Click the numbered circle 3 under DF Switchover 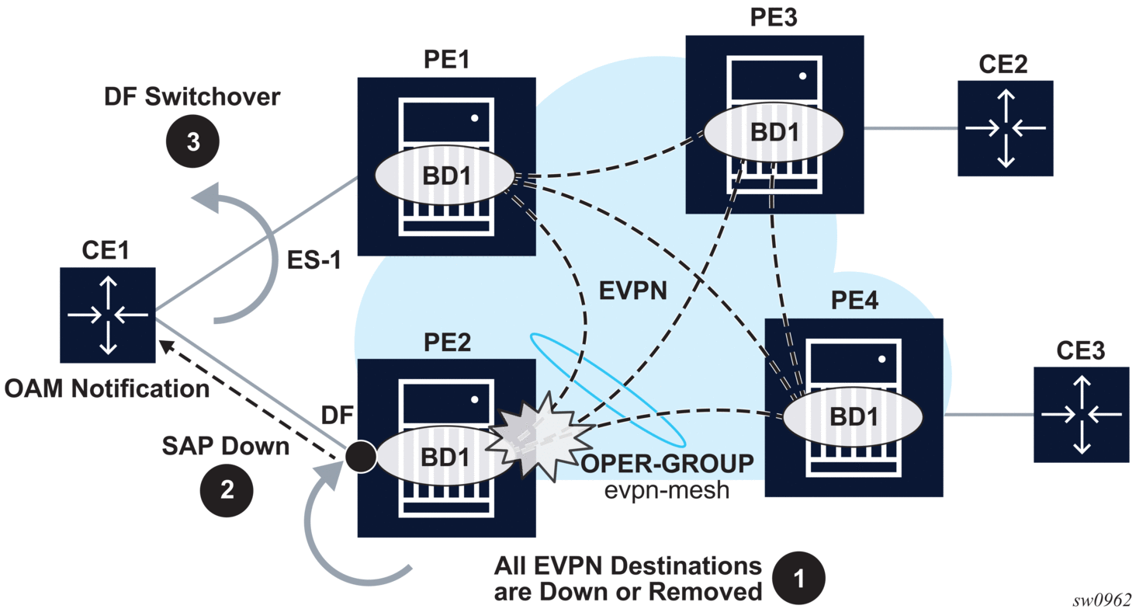(x=192, y=142)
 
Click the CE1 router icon (x=107, y=315)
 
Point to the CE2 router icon (x=1005, y=128)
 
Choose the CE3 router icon (x=1081, y=416)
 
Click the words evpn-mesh (x=667, y=490)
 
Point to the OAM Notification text (x=107, y=388)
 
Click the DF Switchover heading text (x=192, y=98)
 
